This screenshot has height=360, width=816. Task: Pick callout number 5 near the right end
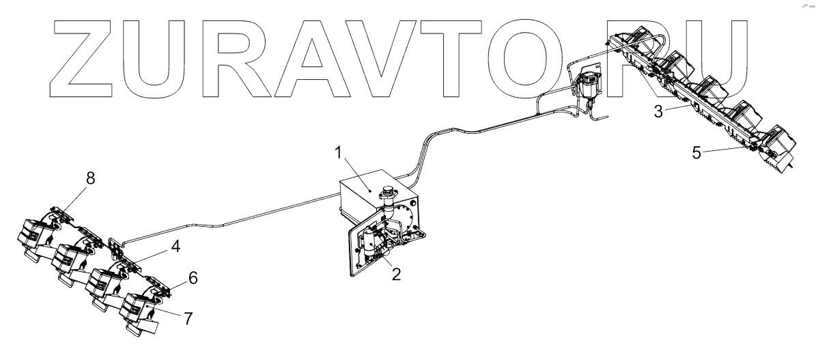pyautogui.click(x=696, y=153)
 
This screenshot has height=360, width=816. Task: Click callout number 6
pyautogui.click(x=193, y=279)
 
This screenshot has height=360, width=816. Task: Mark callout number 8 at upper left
pyautogui.click(x=90, y=178)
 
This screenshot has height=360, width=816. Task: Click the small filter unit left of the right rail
pyautogui.click(x=587, y=86)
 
